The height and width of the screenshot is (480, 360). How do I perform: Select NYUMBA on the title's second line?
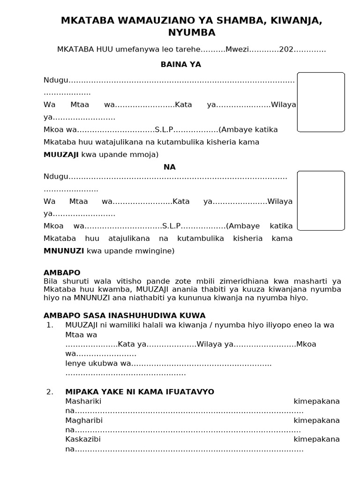192,32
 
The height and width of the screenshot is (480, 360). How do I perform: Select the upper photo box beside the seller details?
321,102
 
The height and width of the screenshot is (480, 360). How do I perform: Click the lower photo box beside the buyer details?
321,201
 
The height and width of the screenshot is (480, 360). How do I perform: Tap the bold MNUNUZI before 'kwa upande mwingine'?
64,251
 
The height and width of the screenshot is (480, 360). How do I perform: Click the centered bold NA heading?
169,167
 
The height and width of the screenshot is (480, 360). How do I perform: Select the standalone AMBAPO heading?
62,272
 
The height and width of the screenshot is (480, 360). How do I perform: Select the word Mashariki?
83,401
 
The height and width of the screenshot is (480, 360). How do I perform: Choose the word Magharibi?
84,420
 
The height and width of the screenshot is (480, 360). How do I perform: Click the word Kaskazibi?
83,439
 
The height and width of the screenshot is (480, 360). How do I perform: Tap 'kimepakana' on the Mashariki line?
316,401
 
